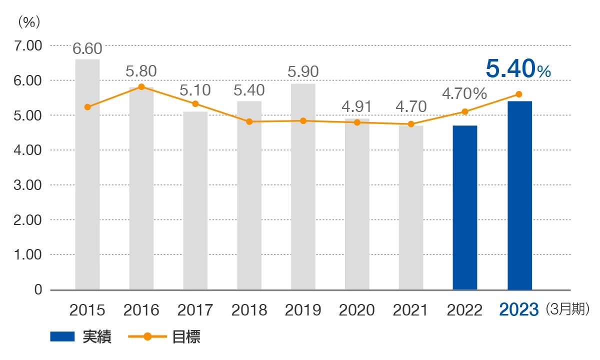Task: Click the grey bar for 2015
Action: pyautogui.click(x=87, y=175)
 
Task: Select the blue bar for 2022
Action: pyautogui.click(x=465, y=207)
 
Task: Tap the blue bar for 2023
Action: pyautogui.click(x=519, y=195)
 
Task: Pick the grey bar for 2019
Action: pyautogui.click(x=303, y=187)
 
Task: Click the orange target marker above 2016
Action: pyautogui.click(x=141, y=87)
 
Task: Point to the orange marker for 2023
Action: pyautogui.click(x=518, y=94)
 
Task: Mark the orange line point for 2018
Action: pyautogui.click(x=249, y=121)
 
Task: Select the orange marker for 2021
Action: pyautogui.click(x=411, y=124)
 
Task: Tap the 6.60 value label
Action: pyautogui.click(x=87, y=48)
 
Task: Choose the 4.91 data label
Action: pyautogui.click(x=357, y=107)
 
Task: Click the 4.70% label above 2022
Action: pyautogui.click(x=464, y=93)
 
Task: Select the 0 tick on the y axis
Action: pyautogui.click(x=38, y=289)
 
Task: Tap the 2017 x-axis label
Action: pyautogui.click(x=195, y=310)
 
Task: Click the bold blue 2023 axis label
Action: pyautogui.click(x=519, y=310)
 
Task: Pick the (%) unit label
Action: pyautogui.click(x=28, y=22)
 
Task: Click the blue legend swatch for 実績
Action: pyautogui.click(x=62, y=337)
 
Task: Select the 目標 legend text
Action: pyautogui.click(x=186, y=337)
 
